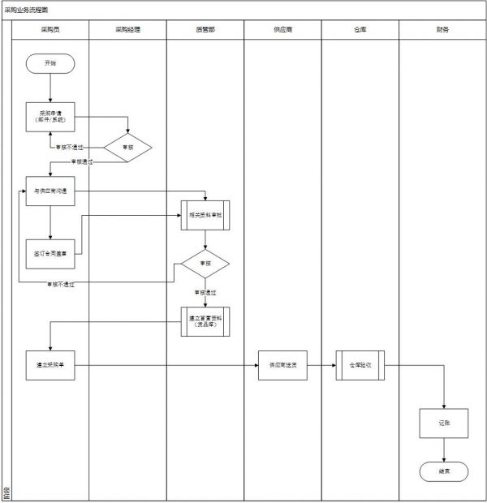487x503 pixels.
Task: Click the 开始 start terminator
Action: point(50,62)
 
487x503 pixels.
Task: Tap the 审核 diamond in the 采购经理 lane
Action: point(127,147)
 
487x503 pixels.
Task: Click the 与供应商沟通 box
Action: point(50,191)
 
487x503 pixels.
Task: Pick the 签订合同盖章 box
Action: point(50,253)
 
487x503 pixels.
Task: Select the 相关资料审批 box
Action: point(205,217)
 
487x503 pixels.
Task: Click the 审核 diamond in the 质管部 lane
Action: point(205,264)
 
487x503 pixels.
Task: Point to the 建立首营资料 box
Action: point(205,321)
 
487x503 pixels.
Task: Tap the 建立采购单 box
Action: point(50,365)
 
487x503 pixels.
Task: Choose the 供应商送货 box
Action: point(282,365)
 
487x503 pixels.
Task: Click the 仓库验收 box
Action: point(360,365)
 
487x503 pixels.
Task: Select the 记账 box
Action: point(443,423)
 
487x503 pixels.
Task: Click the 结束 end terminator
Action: point(443,471)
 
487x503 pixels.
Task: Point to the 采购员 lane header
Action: point(50,29)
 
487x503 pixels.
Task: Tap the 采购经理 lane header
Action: point(127,29)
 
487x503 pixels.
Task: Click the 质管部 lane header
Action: point(205,29)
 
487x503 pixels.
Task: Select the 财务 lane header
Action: point(442,29)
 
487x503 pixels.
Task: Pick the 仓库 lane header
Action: point(360,29)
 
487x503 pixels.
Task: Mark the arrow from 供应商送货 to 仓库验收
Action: point(321,365)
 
